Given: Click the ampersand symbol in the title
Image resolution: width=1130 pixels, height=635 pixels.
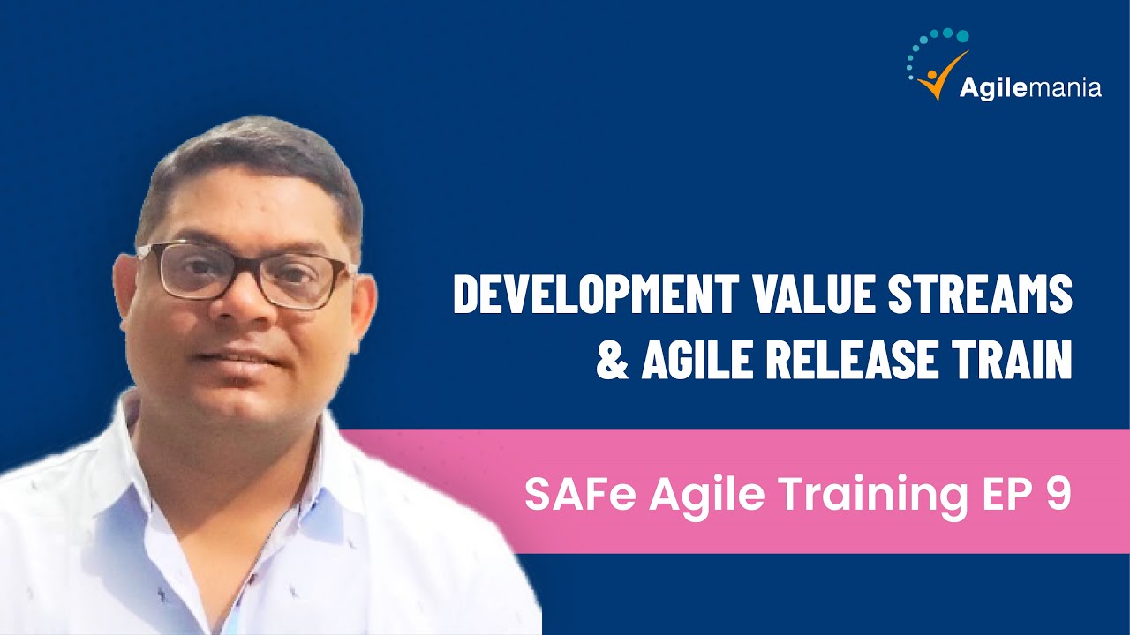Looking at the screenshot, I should click(612, 362).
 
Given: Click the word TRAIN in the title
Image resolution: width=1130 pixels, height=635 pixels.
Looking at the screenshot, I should click(1014, 362).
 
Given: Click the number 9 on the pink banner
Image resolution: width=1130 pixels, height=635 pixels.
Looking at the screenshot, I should click(1057, 497).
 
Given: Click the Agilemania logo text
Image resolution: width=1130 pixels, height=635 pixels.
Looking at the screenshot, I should click(1029, 88).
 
